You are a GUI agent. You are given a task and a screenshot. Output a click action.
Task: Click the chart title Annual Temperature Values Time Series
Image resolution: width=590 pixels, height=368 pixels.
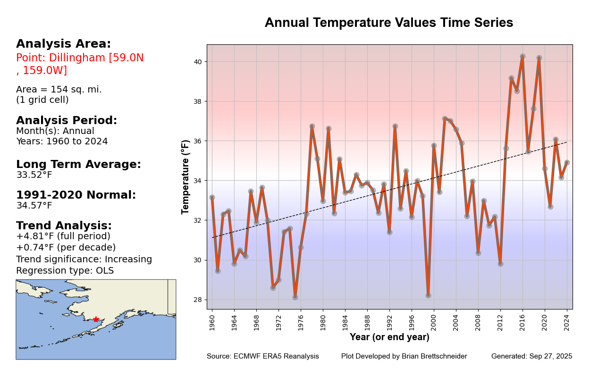(388, 23)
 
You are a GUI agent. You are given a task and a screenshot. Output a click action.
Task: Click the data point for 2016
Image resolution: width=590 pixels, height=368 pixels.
(523, 57)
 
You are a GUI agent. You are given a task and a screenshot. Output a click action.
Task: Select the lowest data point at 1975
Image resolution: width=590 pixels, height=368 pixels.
(295, 297)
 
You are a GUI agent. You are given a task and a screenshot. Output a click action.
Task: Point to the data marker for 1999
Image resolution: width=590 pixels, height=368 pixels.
(428, 295)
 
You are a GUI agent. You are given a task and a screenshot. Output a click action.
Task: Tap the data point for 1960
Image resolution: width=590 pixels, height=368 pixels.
(212, 197)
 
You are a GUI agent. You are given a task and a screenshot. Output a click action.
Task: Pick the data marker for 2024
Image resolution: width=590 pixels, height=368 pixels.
(567, 162)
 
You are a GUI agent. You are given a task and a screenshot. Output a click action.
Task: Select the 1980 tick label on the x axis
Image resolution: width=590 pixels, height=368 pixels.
(323, 320)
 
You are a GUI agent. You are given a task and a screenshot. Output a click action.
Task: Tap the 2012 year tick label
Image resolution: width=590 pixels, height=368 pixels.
(500, 320)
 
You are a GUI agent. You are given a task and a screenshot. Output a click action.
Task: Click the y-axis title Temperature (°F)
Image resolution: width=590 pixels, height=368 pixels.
(185, 176)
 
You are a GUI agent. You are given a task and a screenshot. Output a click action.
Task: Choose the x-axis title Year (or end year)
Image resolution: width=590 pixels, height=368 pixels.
(389, 337)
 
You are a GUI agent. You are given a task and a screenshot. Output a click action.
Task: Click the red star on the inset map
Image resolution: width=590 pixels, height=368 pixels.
(96, 319)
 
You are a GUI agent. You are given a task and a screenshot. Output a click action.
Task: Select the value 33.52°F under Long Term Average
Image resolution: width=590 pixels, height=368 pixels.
(34, 175)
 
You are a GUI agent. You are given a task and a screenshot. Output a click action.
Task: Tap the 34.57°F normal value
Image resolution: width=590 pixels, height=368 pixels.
(34, 206)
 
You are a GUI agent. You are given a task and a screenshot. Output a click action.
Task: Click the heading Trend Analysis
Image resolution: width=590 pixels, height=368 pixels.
(64, 226)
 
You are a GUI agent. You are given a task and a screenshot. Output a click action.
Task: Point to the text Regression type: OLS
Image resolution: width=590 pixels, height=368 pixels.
(65, 271)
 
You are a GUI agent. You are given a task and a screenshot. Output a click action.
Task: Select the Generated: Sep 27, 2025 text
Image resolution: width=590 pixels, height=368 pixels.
(531, 356)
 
